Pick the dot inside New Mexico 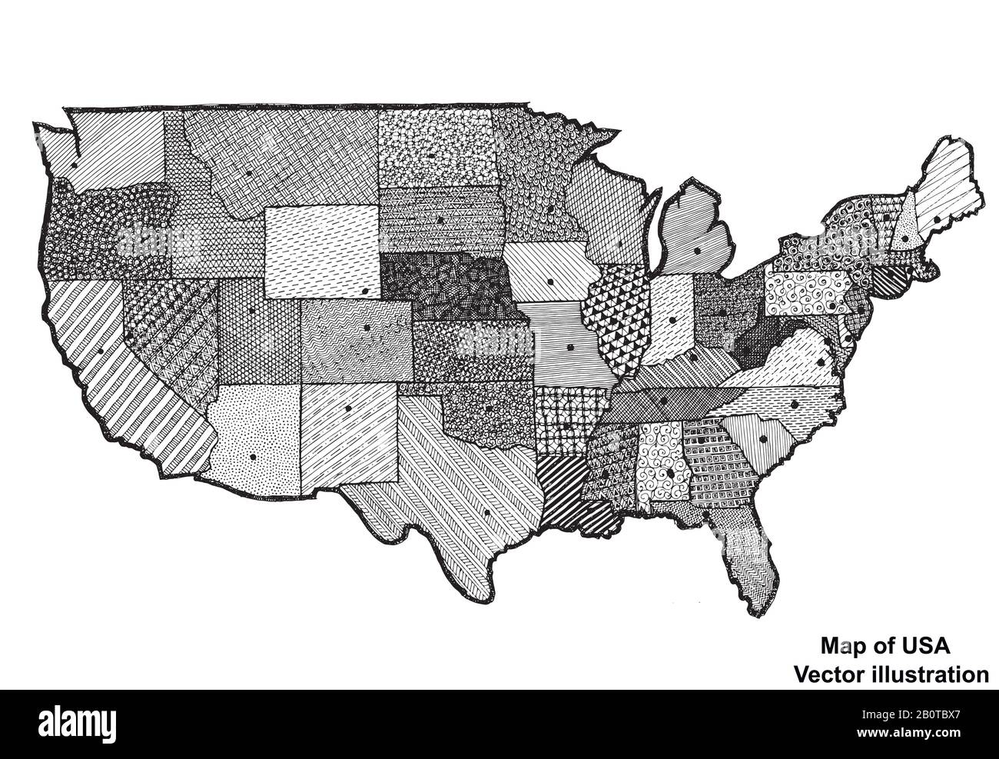[x=348, y=408]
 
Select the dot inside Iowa [x=551, y=282]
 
